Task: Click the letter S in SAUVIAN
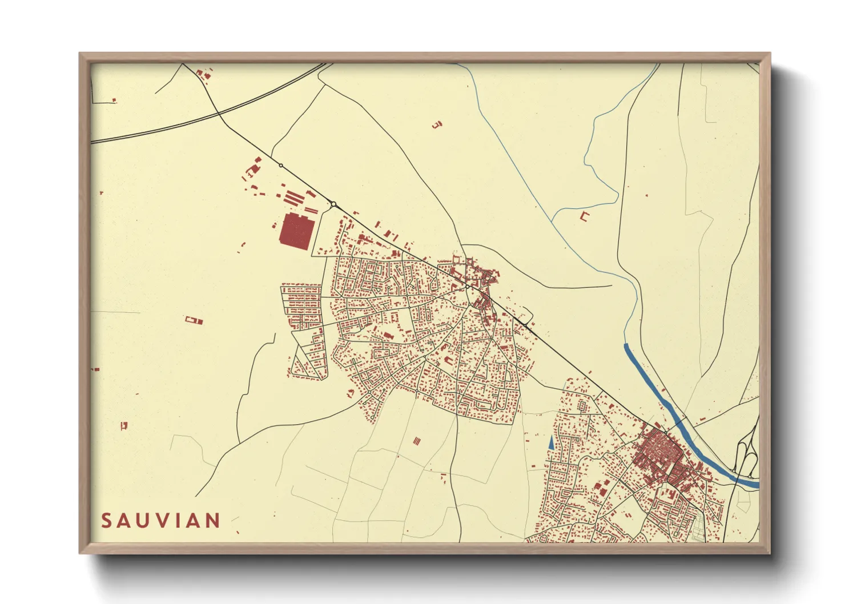(106, 521)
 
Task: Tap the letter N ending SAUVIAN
(213, 521)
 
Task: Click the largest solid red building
(296, 231)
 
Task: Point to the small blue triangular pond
(551, 442)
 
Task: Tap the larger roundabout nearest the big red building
(333, 204)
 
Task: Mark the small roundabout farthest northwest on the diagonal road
(280, 166)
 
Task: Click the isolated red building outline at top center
(437, 124)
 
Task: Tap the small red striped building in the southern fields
(417, 441)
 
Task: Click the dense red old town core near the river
(657, 451)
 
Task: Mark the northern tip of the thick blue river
(626, 345)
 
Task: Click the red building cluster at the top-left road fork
(203, 73)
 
